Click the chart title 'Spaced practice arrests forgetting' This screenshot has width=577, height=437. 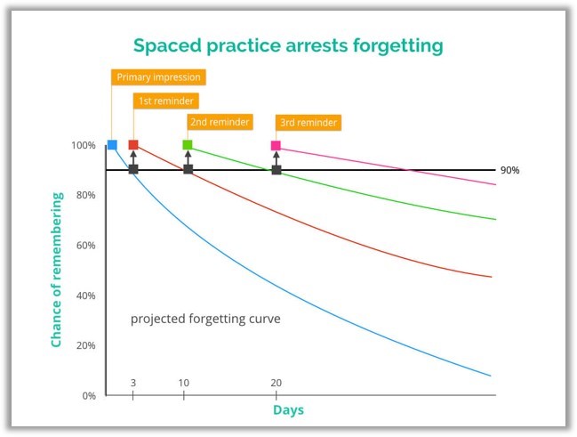click(288, 45)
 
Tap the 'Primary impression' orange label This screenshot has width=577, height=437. click(158, 77)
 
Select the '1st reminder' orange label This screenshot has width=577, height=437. click(166, 101)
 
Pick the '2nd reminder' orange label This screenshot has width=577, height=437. click(220, 122)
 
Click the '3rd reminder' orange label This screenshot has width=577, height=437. click(309, 123)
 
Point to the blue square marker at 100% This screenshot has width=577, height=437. click(112, 145)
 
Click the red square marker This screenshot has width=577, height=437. click(133, 145)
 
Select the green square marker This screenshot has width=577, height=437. click(188, 145)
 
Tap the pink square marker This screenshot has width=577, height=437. click(276, 146)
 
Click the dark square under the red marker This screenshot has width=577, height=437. click(133, 169)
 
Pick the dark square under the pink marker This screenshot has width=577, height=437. click(276, 170)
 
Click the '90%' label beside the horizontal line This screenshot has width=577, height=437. click(510, 170)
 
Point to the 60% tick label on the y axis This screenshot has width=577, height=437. click(86, 246)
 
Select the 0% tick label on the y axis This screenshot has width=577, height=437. click(89, 396)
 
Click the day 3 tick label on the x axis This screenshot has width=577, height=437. click(133, 384)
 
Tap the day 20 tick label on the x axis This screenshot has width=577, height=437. click(276, 384)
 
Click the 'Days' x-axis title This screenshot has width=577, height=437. click(288, 410)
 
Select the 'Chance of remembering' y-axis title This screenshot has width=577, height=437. click(57, 270)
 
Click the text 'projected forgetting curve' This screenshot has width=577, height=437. click(205, 319)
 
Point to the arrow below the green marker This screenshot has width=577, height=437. click(188, 158)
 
